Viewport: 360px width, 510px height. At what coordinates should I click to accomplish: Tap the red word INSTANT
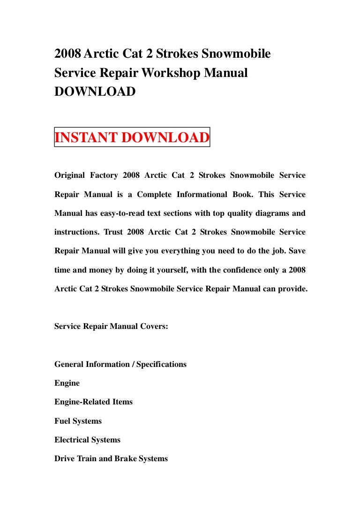coord(86,138)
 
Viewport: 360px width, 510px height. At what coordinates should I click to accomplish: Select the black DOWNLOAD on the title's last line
coord(95,91)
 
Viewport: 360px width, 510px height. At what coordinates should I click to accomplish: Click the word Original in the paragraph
coord(70,175)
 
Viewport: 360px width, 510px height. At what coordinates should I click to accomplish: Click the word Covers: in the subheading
coord(152,326)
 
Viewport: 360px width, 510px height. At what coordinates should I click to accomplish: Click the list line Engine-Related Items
coord(93,402)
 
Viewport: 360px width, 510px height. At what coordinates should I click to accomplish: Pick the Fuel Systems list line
coord(78,421)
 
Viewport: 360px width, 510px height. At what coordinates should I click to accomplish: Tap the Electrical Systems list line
coord(87,440)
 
